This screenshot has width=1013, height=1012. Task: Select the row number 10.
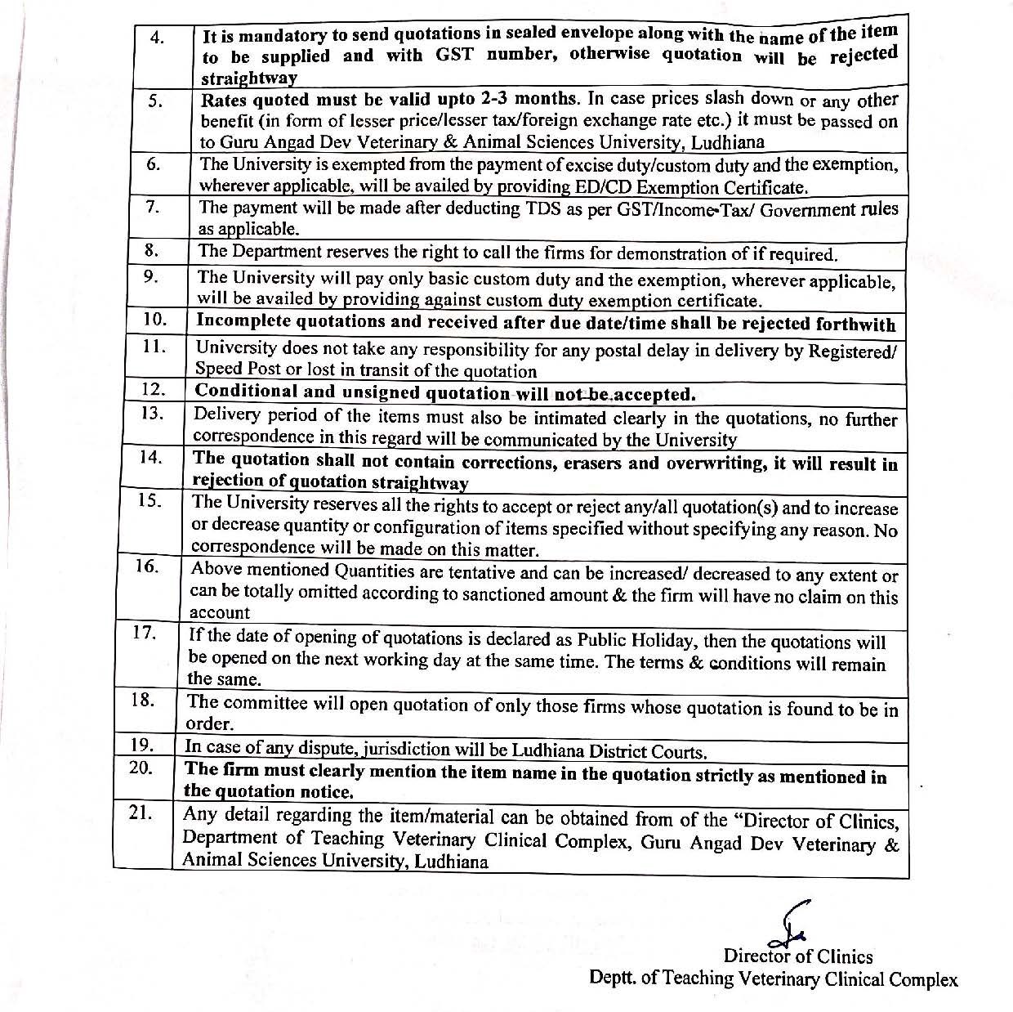coord(154,318)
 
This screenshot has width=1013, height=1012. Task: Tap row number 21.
coord(142,814)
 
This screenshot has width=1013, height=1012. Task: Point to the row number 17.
coord(145,633)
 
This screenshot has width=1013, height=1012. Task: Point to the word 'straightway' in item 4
coord(249,78)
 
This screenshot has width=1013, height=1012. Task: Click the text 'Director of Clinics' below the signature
coord(797,956)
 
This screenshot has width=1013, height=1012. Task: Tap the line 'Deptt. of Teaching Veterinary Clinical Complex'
coord(773,978)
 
